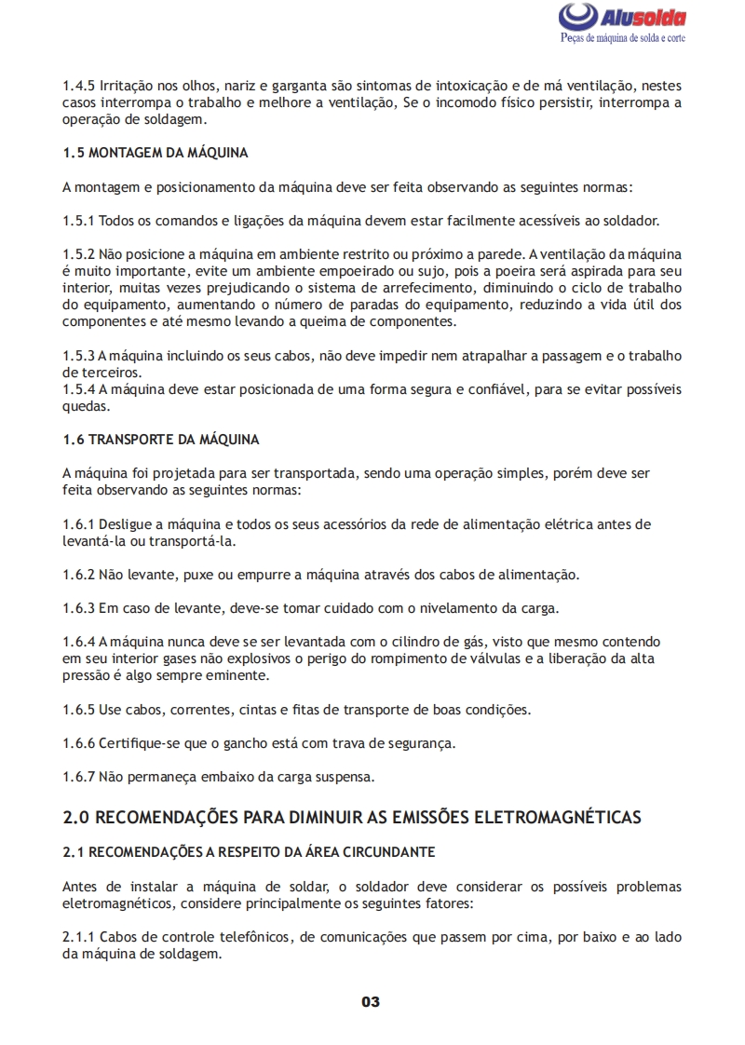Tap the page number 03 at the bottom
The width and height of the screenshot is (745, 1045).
tap(371, 1002)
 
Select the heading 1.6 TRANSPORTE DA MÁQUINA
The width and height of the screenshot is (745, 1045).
tap(161, 439)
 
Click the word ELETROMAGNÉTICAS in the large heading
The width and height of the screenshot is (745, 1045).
tap(559, 818)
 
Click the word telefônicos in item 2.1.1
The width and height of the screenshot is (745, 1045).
tap(250, 937)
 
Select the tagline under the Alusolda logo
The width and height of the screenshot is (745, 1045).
tap(623, 38)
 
